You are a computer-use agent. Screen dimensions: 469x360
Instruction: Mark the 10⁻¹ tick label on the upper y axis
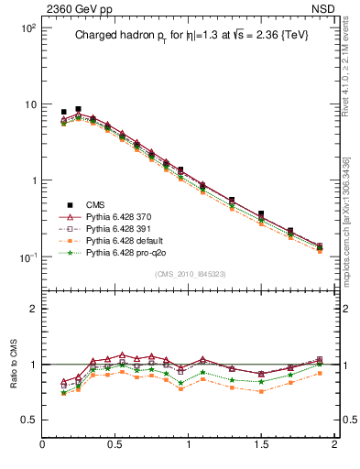pos(28,256)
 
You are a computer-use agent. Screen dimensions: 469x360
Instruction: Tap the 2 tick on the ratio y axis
pos(32,309)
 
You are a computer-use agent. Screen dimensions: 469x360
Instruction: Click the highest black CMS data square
pos(78,109)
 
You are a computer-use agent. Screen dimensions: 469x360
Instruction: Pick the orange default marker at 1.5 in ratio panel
pos(261,391)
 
